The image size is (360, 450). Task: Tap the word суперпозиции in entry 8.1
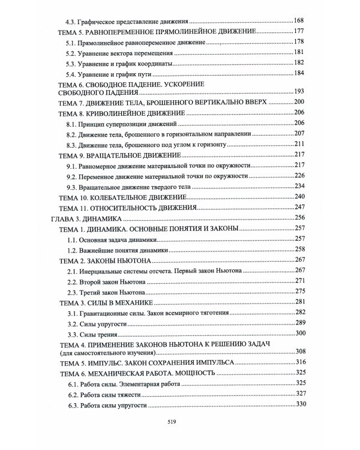pos(122,123)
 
